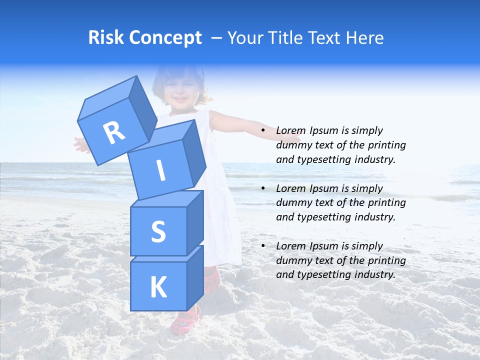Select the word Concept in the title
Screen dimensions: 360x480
point(164,38)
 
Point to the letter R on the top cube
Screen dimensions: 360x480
point(114,132)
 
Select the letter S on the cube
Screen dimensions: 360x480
point(158,231)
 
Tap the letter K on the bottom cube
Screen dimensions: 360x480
point(158,287)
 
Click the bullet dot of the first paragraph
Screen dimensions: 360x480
point(263,131)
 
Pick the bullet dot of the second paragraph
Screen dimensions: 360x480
point(263,189)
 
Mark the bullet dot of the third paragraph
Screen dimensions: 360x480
point(263,246)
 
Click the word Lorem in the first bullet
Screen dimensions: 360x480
point(290,131)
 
